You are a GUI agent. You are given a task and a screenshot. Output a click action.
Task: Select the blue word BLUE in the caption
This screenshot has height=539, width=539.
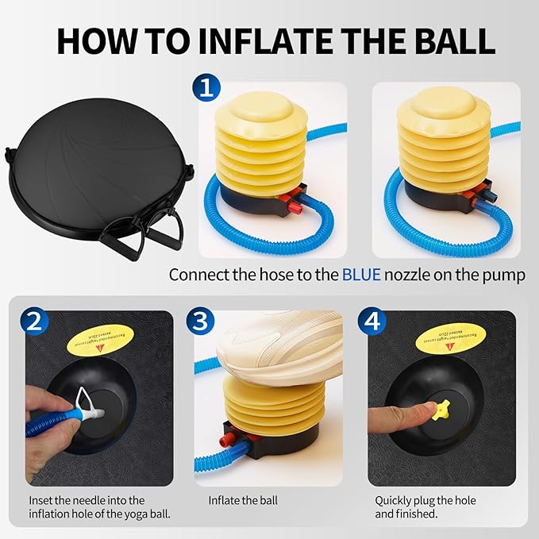(361, 275)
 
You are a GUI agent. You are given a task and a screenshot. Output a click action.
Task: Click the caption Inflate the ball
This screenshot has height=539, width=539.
(243, 501)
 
